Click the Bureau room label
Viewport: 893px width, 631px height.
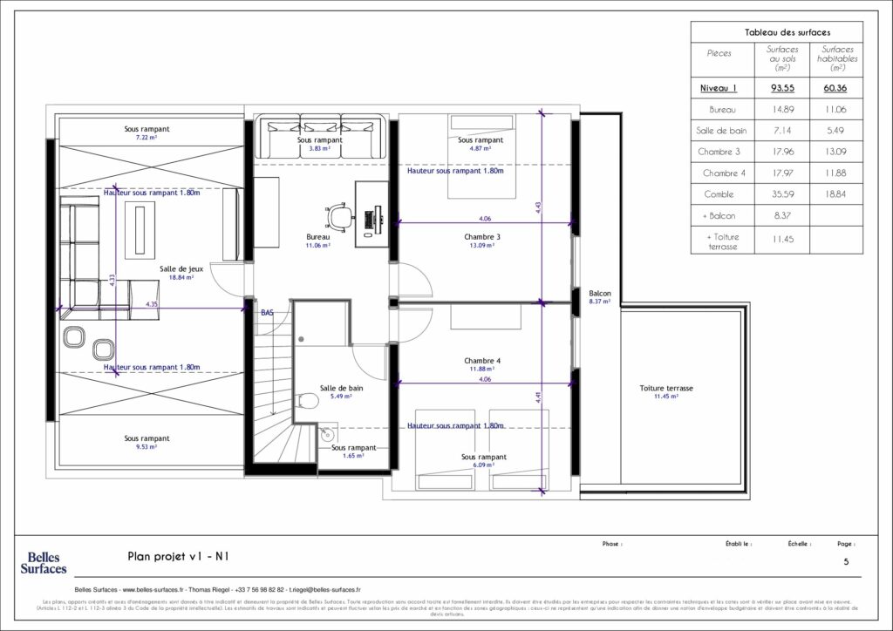(318, 237)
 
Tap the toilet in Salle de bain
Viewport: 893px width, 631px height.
(306, 401)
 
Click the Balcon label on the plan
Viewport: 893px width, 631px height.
(599, 294)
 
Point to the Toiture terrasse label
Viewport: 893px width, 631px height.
(665, 388)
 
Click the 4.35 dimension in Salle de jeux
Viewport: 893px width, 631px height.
(152, 304)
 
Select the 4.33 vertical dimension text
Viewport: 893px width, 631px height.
(112, 279)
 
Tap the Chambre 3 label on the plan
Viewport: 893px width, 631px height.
(481, 237)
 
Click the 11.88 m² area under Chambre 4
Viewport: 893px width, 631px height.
(481, 370)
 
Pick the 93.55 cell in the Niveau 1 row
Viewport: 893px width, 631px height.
(782, 88)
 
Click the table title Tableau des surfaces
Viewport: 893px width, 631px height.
(776, 32)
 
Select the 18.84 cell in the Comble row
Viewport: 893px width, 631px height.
(837, 194)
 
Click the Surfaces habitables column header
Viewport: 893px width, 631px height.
(837, 58)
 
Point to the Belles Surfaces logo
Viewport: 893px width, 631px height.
(44, 562)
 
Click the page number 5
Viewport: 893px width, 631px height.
(845, 562)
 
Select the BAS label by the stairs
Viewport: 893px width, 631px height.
(268, 311)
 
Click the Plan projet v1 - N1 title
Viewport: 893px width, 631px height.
(178, 555)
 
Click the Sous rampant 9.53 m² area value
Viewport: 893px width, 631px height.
(147, 447)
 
